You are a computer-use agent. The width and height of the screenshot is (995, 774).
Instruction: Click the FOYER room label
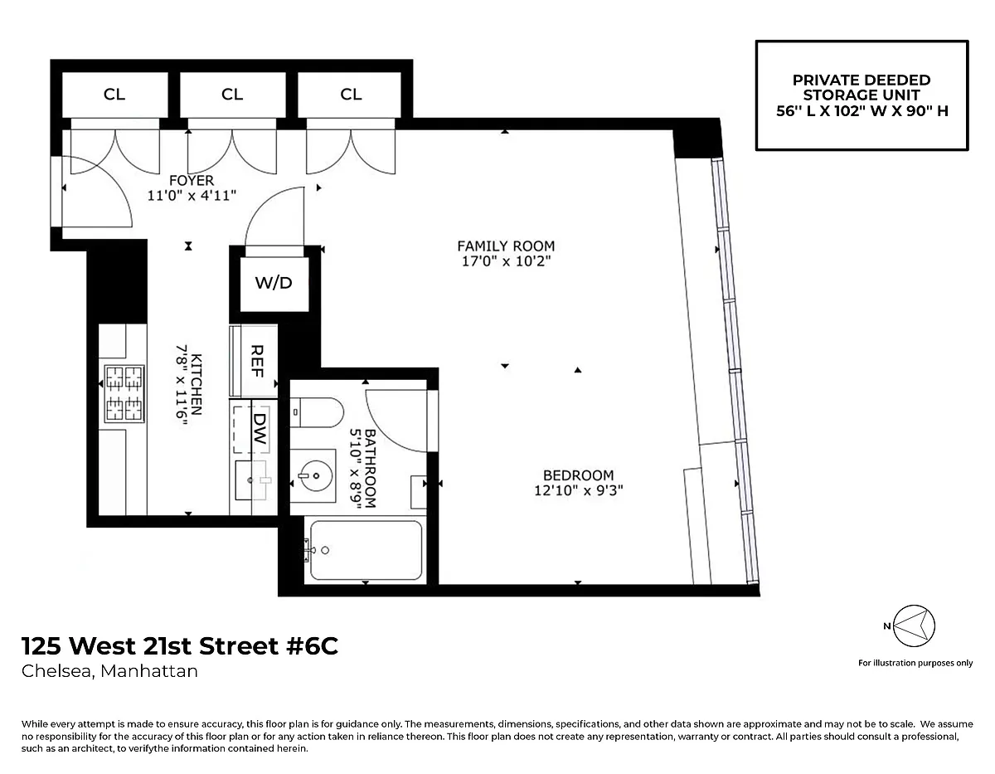[x=192, y=180]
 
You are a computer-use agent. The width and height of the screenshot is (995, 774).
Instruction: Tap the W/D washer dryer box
[x=274, y=284]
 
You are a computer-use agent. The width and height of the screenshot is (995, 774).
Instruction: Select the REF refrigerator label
[x=257, y=361]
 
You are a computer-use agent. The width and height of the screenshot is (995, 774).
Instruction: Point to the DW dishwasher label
[x=260, y=429]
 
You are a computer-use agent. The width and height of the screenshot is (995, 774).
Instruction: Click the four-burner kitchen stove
[x=124, y=393]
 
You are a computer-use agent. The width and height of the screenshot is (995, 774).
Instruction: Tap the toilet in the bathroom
[x=317, y=412]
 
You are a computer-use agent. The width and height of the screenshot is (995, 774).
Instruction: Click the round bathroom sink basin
[x=315, y=476]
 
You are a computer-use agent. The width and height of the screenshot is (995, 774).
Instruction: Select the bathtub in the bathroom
[x=366, y=550]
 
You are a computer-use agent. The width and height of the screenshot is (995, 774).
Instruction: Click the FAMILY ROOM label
[x=506, y=246]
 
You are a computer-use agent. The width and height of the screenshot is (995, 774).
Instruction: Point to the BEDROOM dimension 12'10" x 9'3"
[x=578, y=490]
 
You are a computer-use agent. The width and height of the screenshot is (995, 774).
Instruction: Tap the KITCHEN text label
[x=197, y=384]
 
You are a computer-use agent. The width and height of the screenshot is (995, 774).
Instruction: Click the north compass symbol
[x=914, y=626]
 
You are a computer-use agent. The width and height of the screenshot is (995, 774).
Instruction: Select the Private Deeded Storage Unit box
[x=862, y=95]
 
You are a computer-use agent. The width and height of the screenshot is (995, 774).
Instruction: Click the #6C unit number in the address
[x=312, y=645]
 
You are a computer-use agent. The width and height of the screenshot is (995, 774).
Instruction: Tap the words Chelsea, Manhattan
[x=109, y=671]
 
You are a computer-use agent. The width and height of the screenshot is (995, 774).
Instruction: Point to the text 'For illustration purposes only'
[x=915, y=663]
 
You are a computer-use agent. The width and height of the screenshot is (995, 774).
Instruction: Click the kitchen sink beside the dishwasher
[x=252, y=480]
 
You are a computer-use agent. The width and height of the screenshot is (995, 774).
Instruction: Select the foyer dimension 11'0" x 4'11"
[x=192, y=196]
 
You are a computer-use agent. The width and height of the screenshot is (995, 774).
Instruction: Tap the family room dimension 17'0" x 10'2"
[x=506, y=261]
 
